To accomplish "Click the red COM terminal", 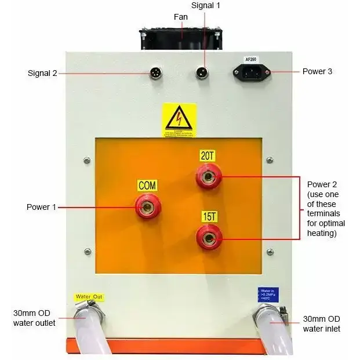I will click(x=148, y=206).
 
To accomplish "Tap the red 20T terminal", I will click(x=208, y=174).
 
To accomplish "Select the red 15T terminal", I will click(x=208, y=237).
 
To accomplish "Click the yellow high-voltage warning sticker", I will click(x=179, y=121).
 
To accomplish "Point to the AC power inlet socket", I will click(x=252, y=72).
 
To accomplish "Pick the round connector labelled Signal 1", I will click(x=202, y=73).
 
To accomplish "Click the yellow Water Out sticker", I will click(x=89, y=297).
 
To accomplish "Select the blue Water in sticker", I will click(x=267, y=294).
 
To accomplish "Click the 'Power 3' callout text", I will click(x=318, y=72).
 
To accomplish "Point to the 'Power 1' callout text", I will click(x=42, y=207).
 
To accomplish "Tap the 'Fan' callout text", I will click(x=181, y=17).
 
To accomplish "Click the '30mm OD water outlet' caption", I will click(x=34, y=318).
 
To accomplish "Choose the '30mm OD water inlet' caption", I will click(x=322, y=324).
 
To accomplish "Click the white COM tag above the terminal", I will click(x=147, y=186).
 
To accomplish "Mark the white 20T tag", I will click(x=208, y=155).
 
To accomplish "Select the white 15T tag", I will click(x=209, y=217).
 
